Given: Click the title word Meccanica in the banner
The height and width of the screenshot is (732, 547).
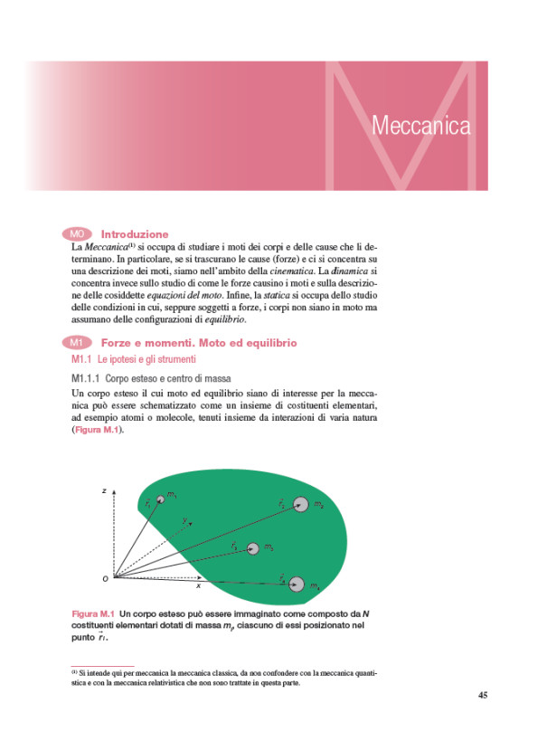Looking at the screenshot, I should point(420,126).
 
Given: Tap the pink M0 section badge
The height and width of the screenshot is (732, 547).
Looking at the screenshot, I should point(80,233).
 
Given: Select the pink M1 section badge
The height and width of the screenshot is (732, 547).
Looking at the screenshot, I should point(80,343).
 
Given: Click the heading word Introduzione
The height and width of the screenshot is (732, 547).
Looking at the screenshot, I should point(135,233).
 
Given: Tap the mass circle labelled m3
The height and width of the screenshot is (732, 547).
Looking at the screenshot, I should point(252,548).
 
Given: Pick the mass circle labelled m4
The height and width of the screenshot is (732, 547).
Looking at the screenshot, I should point(297,583).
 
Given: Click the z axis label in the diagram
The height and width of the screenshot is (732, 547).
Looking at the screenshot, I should point(104,490).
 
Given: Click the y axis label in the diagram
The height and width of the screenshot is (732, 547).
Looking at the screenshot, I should point(184,520).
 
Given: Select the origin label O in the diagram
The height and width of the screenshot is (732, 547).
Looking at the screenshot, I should point(105,577).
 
